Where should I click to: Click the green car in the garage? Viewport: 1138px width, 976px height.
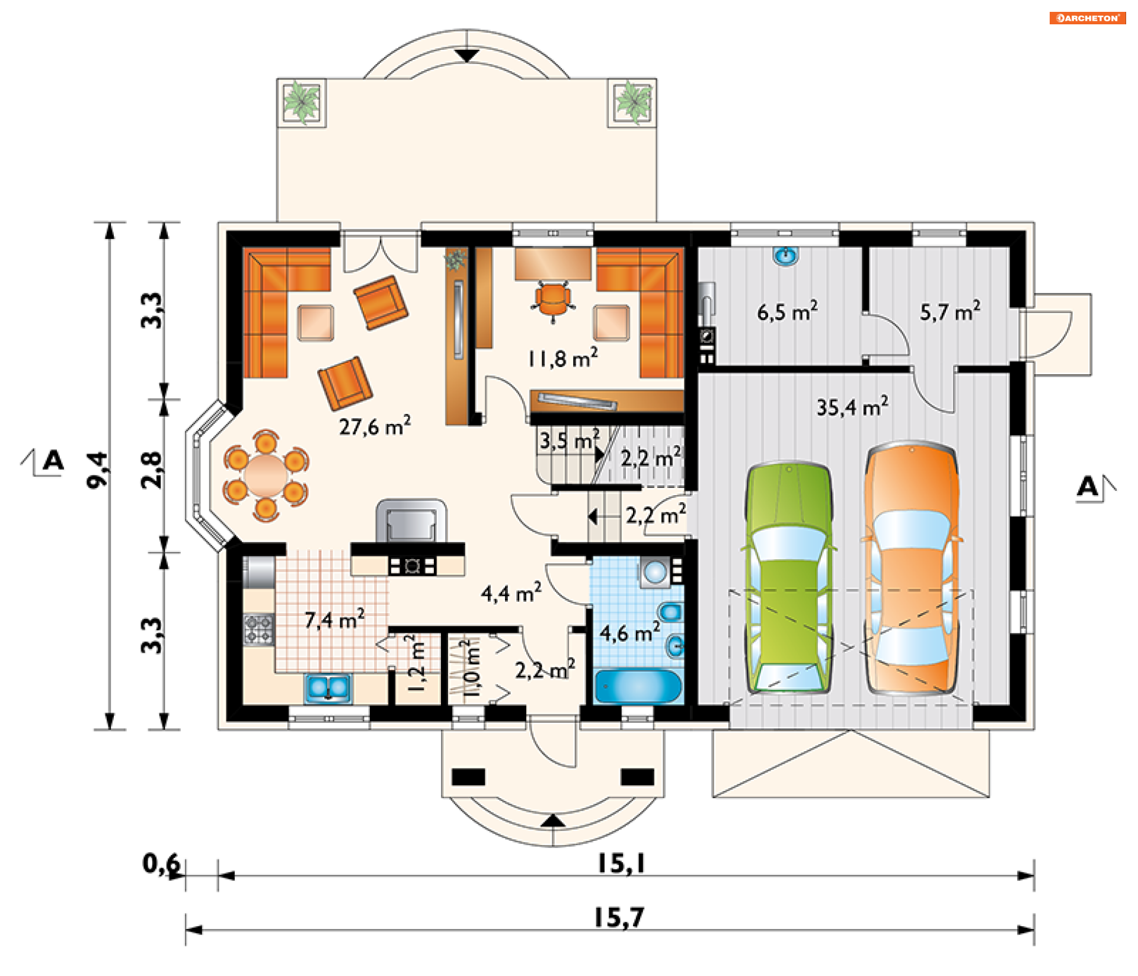pyautogui.click(x=789, y=578)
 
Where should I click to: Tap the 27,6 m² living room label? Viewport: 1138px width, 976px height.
pyautogui.click(x=375, y=426)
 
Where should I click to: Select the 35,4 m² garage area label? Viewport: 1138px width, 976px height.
pyautogui.click(x=852, y=407)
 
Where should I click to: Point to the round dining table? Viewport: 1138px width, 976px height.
pyautogui.click(x=266, y=476)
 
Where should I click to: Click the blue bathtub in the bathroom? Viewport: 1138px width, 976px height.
pyautogui.click(x=638, y=687)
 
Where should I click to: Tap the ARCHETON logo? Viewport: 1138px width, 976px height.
pyautogui.click(x=1088, y=18)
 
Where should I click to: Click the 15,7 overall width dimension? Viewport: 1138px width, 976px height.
pyautogui.click(x=619, y=918)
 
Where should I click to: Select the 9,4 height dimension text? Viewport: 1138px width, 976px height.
pyautogui.click(x=98, y=470)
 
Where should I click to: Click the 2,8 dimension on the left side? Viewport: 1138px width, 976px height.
pyautogui.click(x=152, y=470)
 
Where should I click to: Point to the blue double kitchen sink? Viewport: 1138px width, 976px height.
pyautogui.click(x=328, y=688)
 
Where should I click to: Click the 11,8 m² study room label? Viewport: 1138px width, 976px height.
pyautogui.click(x=562, y=358)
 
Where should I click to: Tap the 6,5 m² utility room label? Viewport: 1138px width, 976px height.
pyautogui.click(x=788, y=311)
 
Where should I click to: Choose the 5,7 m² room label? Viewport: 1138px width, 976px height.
pyautogui.click(x=950, y=311)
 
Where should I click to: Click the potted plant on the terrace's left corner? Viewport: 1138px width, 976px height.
pyautogui.click(x=302, y=102)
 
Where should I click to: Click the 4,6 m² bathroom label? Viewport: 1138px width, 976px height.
pyautogui.click(x=629, y=632)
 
